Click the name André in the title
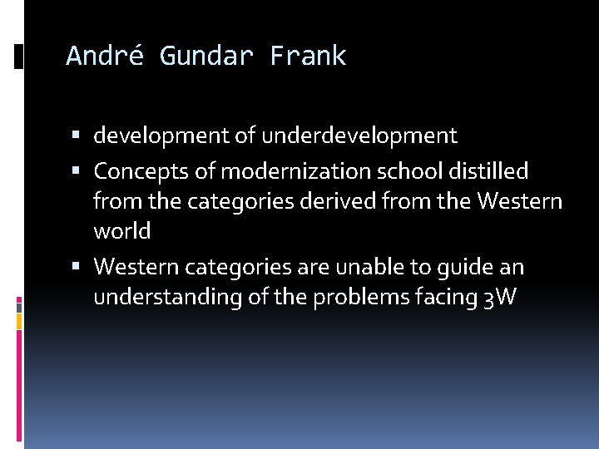point(104,57)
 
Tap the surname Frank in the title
point(308,57)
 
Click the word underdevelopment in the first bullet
point(360,136)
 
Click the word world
point(121,232)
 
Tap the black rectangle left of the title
point(19,57)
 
